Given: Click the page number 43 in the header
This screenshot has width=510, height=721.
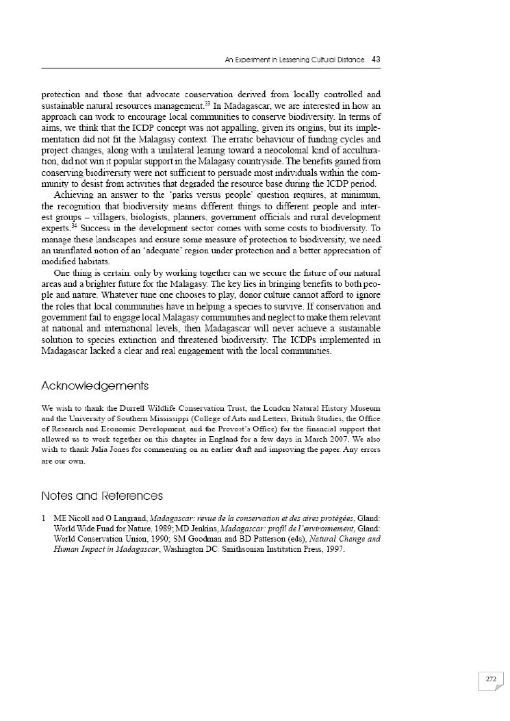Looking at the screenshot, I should coord(376,60).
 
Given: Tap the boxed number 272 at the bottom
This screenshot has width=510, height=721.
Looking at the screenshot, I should coord(490,679).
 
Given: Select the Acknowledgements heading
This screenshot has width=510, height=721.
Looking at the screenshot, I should coord(94,386).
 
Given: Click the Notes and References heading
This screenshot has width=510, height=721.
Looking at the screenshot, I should coord(102,496).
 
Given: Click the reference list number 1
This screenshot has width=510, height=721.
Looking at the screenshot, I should coord(44,518).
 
